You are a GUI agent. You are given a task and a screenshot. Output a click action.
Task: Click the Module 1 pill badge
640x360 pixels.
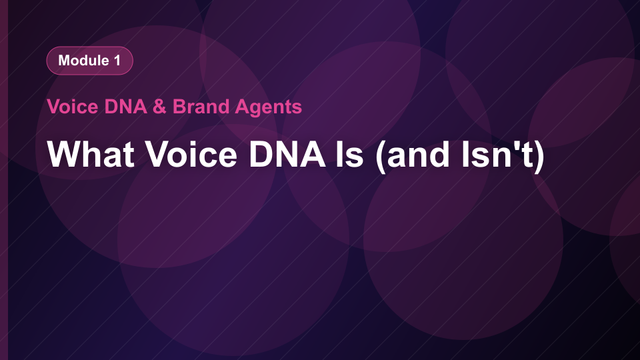point(90,61)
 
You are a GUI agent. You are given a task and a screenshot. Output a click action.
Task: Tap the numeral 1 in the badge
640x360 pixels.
point(117,61)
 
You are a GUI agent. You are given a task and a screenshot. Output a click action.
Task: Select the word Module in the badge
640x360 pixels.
point(84,61)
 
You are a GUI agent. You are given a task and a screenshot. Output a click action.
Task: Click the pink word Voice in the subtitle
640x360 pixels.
point(73,107)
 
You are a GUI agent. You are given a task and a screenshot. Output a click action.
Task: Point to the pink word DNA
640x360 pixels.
point(126,107)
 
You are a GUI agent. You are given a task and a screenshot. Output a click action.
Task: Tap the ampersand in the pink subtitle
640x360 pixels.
point(159,107)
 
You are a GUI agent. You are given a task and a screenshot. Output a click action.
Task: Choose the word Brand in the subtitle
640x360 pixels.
point(201,107)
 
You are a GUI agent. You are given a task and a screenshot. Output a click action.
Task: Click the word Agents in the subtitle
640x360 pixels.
point(269,107)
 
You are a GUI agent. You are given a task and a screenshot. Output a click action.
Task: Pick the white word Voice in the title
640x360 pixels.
point(191,154)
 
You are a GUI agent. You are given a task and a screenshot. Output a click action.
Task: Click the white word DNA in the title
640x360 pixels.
point(287,154)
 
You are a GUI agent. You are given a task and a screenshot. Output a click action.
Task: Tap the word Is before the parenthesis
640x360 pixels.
point(350,154)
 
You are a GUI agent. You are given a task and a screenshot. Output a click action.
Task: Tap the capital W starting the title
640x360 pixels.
point(65,154)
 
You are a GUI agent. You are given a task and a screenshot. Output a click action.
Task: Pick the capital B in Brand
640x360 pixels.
point(180,107)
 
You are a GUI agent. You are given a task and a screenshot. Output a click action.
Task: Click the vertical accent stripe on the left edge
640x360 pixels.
point(4,180)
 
